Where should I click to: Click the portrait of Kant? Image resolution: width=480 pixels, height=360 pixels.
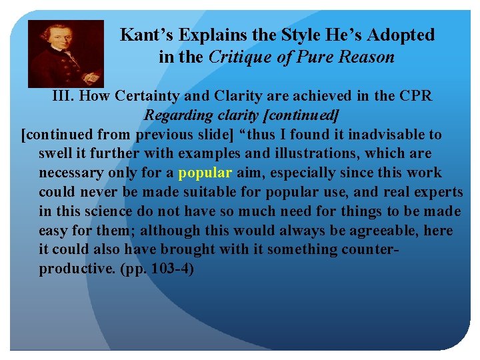[65, 53]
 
